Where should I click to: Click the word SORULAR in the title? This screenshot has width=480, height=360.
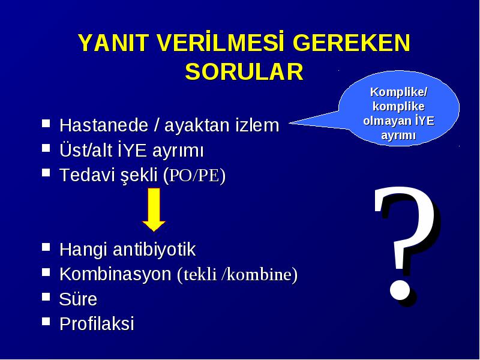244,72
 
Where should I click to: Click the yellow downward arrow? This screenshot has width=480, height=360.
154,209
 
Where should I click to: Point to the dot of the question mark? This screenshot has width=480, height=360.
400,290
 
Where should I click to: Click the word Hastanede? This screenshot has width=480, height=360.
104,125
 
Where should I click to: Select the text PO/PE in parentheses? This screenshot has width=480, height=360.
194,175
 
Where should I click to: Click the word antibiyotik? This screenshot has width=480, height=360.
154,249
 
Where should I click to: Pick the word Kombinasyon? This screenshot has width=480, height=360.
115,274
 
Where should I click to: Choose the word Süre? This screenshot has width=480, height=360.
78,299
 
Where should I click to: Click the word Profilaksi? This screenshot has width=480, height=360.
97,323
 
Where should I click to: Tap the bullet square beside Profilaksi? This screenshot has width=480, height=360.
46,321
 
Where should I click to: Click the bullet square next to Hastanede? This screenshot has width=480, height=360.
46,123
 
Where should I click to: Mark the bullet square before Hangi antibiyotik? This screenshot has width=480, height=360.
46,247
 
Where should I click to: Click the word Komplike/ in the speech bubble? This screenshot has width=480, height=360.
398,92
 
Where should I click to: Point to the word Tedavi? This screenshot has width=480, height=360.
84,175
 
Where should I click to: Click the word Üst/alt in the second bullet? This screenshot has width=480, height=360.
86,151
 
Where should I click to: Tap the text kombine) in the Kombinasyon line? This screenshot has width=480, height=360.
262,274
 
